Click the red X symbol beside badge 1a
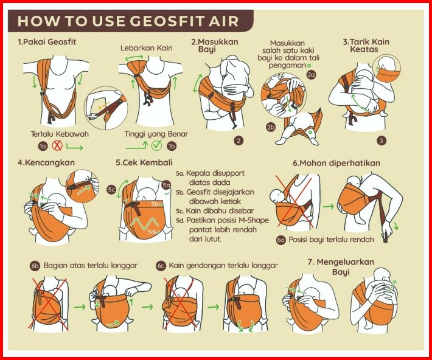click(x=57, y=146)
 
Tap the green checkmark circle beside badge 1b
click(x=156, y=145)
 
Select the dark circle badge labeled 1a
click(x=43, y=147)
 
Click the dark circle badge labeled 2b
click(x=271, y=127)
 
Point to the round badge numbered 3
click(x=381, y=140)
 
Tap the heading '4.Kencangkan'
click(x=46, y=162)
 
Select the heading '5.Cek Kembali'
click(x=144, y=162)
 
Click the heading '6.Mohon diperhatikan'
click(x=336, y=163)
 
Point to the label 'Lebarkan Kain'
click(x=146, y=48)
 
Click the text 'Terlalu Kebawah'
click(x=60, y=134)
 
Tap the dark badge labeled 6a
click(x=281, y=240)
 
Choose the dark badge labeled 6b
click(x=35, y=266)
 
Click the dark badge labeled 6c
click(x=161, y=266)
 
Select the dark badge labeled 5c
click(x=111, y=190)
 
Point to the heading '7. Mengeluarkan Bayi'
click(x=341, y=266)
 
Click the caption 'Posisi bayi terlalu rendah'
click(x=331, y=240)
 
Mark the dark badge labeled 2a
click(x=312, y=75)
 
